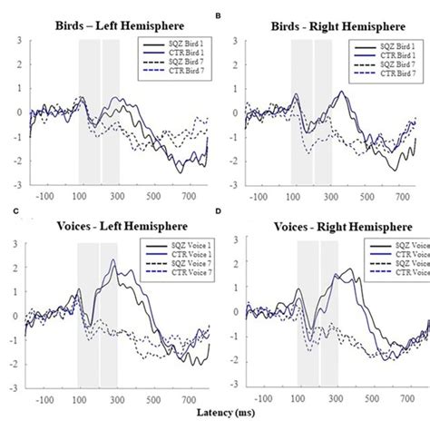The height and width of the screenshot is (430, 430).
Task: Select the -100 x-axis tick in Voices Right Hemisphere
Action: pos(261,397)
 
